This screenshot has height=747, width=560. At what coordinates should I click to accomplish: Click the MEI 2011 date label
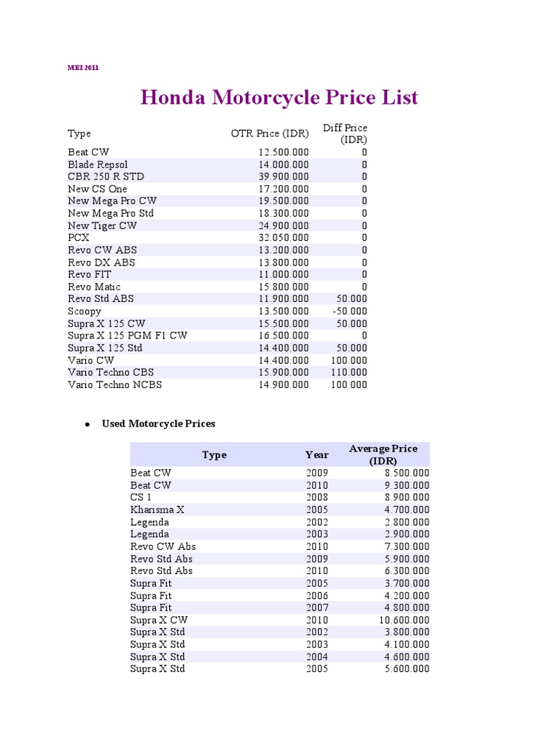pyautogui.click(x=84, y=68)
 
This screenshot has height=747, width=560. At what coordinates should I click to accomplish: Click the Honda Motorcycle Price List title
pyautogui.click(x=279, y=98)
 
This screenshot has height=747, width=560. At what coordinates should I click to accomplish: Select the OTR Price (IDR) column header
pyautogui.click(x=270, y=133)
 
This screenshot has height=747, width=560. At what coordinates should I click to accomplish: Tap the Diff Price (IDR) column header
pyautogui.click(x=346, y=133)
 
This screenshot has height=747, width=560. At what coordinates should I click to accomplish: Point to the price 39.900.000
pyautogui.click(x=284, y=177)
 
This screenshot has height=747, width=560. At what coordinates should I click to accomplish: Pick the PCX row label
pyautogui.click(x=78, y=238)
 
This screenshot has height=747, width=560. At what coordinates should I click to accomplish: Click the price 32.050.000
pyautogui.click(x=284, y=238)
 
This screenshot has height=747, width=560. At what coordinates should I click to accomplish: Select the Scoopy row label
pyautogui.click(x=85, y=311)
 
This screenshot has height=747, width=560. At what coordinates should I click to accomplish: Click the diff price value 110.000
pyautogui.click(x=349, y=373)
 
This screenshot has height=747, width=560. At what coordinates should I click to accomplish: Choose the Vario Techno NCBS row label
pyautogui.click(x=115, y=385)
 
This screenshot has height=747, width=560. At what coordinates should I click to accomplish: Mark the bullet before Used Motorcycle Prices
pyautogui.click(x=87, y=424)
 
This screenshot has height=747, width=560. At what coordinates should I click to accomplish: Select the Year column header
pyautogui.click(x=317, y=454)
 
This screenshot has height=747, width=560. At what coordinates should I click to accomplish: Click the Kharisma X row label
pyautogui.click(x=157, y=510)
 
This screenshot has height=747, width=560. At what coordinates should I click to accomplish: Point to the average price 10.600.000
pyautogui.click(x=402, y=620)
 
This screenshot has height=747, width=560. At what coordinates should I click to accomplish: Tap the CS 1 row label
pyautogui.click(x=141, y=498)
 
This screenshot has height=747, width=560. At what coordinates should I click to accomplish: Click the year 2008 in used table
pyautogui.click(x=317, y=498)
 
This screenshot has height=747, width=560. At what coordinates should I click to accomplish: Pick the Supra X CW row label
pyautogui.click(x=159, y=620)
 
